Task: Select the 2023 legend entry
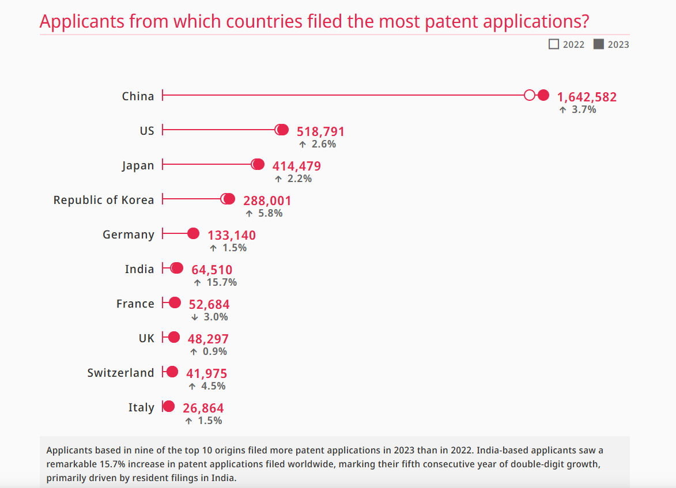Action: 611,44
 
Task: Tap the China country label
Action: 138,96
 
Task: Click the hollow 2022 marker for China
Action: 530,96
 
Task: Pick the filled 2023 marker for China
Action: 543,96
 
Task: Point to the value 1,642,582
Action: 587,97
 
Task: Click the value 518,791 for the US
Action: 320,131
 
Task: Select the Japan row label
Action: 138,165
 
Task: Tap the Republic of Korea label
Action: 104,200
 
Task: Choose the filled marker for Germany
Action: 194,234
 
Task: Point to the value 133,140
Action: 232,235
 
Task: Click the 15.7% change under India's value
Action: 221,282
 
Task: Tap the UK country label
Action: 146,338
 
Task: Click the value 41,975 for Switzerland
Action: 206,373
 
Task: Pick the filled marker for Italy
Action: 168,407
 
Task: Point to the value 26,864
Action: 203,408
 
